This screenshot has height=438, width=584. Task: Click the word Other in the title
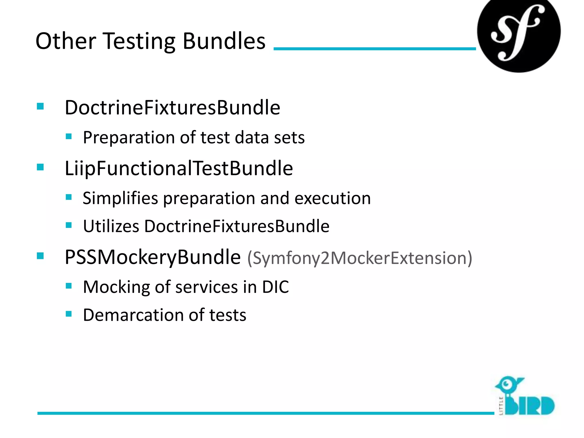pos(66,41)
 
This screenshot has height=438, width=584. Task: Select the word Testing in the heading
pos(139,42)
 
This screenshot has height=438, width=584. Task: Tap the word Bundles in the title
pos(224,41)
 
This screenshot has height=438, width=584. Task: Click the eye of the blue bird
pos(507,384)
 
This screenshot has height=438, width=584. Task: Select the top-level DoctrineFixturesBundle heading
pos(173,108)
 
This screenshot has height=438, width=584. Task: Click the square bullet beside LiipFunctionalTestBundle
pos(40,167)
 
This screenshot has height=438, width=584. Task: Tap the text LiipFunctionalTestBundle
pos(179,169)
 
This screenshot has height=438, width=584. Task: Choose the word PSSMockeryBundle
pos(153,257)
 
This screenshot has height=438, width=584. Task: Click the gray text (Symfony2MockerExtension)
pos(360,258)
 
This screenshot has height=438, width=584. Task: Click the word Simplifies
pos(120,198)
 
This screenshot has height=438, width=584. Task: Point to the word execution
pos(332,198)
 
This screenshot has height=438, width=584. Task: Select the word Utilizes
pos(111,226)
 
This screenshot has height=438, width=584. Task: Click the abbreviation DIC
pos(275,287)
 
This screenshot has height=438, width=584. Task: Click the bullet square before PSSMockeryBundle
pos(40,256)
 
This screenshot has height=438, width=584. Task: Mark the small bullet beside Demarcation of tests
pos(69,314)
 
